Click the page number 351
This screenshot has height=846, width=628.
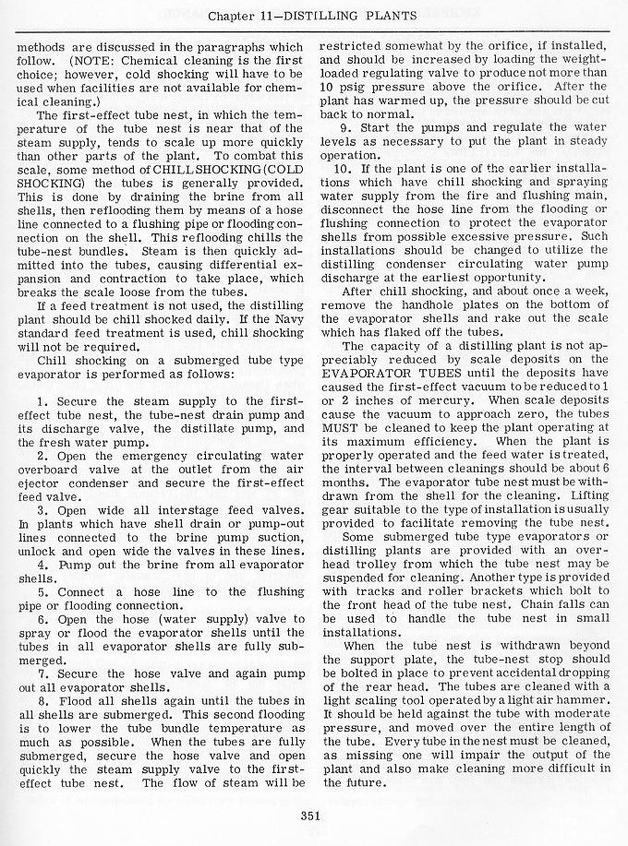coord(310,814)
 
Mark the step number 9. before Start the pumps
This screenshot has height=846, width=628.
coord(346,126)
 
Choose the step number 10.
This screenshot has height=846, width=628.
coord(348,169)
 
